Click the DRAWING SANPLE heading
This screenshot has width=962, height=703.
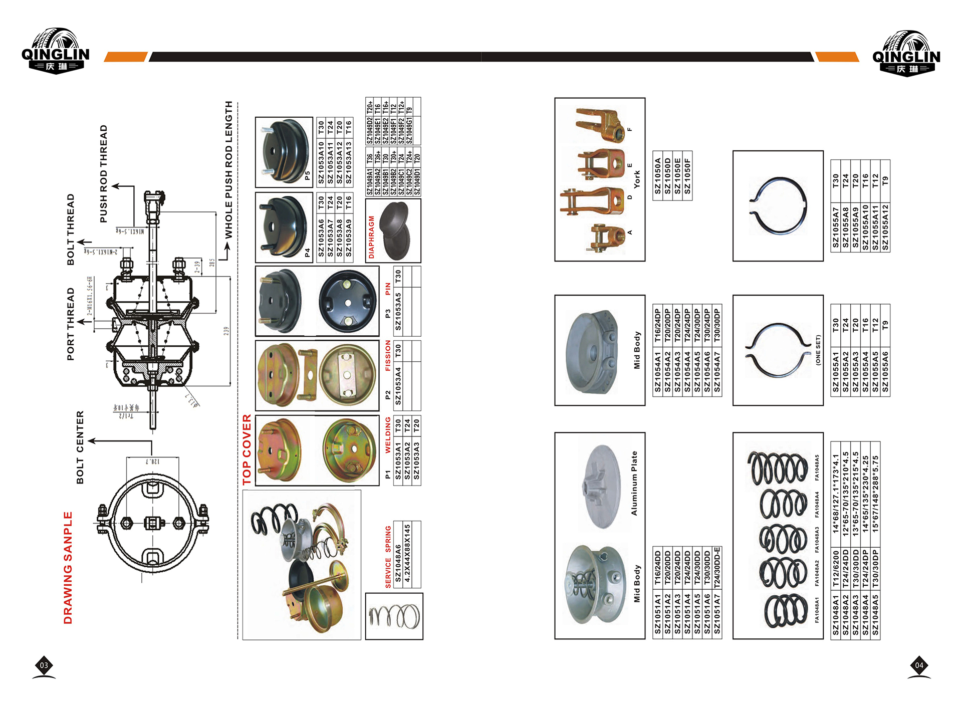point(68,567)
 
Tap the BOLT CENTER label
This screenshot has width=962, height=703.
point(80,447)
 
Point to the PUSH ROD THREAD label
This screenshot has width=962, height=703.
point(104,174)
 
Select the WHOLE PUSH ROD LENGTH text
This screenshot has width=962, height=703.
point(228,169)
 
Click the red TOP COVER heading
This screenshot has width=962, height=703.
point(247,449)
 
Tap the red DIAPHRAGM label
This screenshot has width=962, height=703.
point(371,237)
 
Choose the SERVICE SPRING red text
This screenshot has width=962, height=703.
point(388,556)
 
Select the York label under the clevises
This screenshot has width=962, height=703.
point(637,179)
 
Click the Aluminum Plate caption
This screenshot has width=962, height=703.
point(634,483)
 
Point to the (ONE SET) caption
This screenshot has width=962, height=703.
point(818,350)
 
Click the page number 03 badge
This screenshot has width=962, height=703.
point(44,665)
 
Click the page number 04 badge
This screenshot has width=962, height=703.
point(919,665)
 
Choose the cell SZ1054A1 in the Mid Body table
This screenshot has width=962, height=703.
point(657,372)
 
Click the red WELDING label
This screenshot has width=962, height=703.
point(388,435)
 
